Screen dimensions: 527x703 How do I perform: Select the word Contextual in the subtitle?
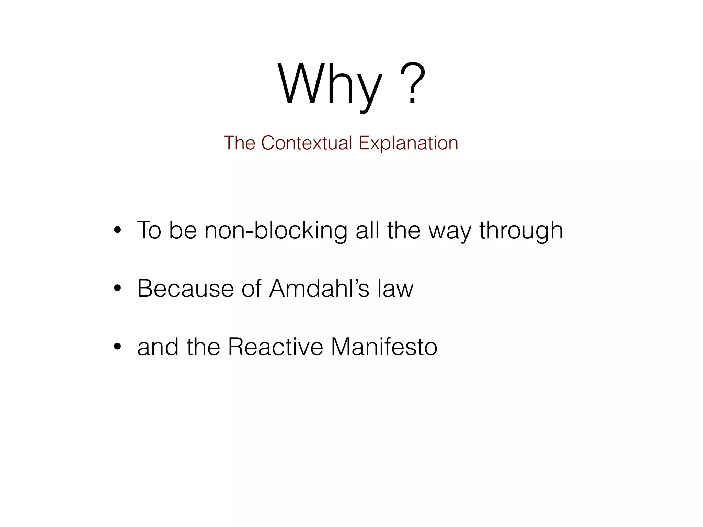307,143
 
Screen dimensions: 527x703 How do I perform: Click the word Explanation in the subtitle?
408,143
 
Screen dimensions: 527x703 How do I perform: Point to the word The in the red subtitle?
239,143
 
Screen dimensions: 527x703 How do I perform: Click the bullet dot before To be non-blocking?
117,230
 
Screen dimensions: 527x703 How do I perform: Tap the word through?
521,230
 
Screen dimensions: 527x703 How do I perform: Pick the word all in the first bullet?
367,230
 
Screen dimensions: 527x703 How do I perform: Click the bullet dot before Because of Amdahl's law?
117,289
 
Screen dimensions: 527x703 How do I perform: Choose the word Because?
185,289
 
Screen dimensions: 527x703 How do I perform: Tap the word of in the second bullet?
251,289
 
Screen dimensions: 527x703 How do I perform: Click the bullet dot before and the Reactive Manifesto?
117,347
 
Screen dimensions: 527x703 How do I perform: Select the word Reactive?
275,347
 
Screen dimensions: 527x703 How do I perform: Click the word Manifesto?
384,347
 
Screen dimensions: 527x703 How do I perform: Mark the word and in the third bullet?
158,347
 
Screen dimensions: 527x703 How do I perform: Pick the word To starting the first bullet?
149,230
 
